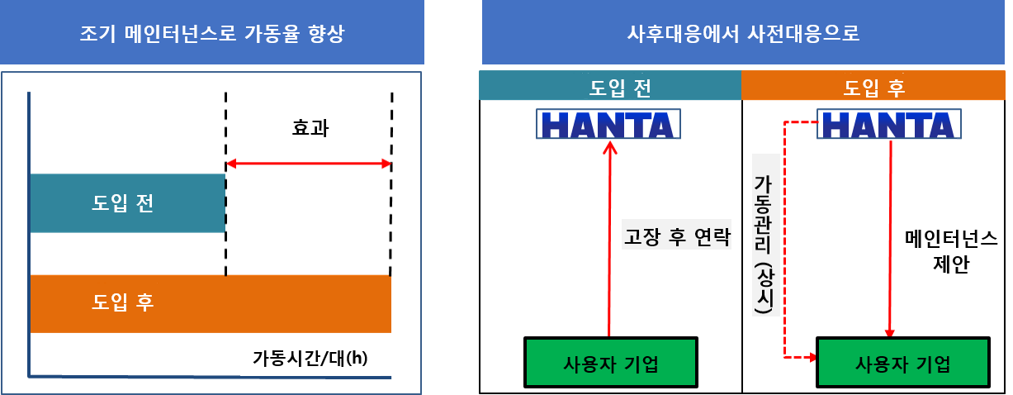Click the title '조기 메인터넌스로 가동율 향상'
[x=211, y=34]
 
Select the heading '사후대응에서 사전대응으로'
[x=743, y=34]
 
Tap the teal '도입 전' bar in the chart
[x=127, y=203]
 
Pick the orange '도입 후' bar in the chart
[x=211, y=303]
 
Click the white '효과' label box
[x=310, y=126]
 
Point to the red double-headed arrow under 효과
[x=309, y=164]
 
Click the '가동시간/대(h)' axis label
[x=310, y=358]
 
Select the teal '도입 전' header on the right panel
[x=609, y=86]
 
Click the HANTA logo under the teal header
[x=609, y=125]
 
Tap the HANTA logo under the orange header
[x=889, y=125]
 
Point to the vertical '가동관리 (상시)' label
[x=764, y=234]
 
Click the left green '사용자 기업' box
[x=610, y=363]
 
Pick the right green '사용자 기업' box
[x=902, y=363]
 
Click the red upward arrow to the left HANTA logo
[x=609, y=240]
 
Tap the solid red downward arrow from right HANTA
[x=890, y=240]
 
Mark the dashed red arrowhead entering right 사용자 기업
[x=811, y=357]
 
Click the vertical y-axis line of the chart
[x=29, y=231]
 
